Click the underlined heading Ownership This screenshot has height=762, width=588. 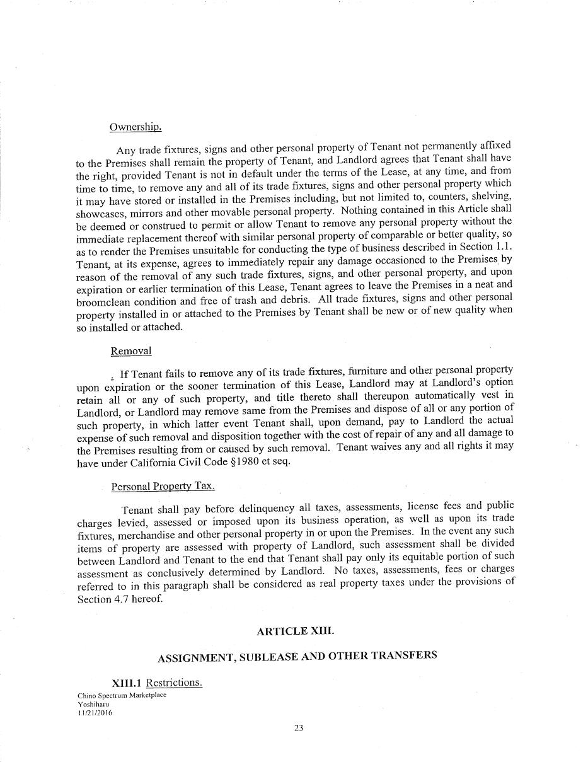click(135, 127)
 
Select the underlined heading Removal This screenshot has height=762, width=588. click(131, 351)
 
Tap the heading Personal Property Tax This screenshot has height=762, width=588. click(163, 487)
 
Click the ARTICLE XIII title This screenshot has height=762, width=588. click(296, 631)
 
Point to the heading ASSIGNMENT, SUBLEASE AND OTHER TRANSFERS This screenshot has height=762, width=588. click(297, 656)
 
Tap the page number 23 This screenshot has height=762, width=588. click(299, 728)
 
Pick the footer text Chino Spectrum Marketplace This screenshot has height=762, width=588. click(122, 695)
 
